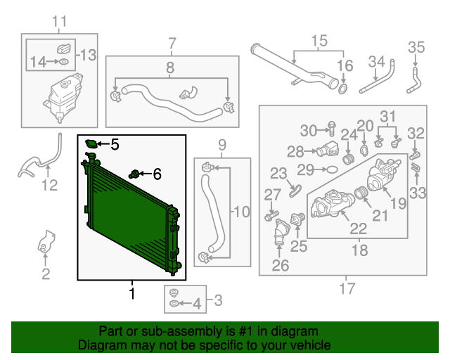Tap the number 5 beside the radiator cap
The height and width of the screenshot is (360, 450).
click(x=115, y=145)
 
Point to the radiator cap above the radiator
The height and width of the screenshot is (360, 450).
click(x=91, y=144)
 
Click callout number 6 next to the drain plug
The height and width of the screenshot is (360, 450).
click(x=156, y=173)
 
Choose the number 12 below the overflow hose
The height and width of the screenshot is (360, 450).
click(x=49, y=186)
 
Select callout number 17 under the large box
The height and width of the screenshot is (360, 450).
click(x=347, y=288)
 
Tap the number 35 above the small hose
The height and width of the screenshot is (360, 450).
click(x=417, y=48)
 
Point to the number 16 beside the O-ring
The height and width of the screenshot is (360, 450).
click(x=344, y=67)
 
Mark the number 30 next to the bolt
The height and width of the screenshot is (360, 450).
click(x=309, y=130)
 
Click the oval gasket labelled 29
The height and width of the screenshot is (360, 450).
click(x=328, y=169)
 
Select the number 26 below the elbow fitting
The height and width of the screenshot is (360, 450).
click(x=280, y=265)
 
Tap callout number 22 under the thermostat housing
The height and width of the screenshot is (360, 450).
click(x=358, y=228)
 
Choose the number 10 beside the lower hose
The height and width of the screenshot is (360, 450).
click(x=241, y=210)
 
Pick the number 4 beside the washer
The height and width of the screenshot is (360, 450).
click(x=196, y=304)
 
